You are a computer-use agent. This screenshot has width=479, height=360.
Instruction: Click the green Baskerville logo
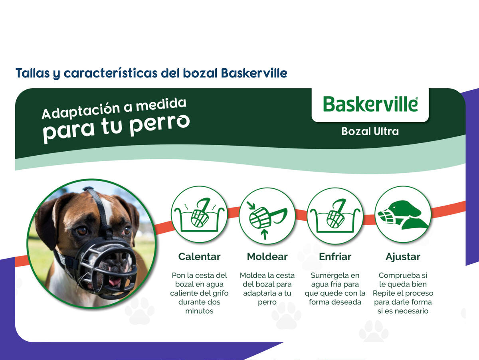coord(370,104)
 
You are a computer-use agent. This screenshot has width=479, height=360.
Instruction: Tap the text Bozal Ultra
coord(370,132)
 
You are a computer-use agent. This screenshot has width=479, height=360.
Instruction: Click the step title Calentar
coord(199,257)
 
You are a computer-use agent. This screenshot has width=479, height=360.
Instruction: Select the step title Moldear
coord(267,257)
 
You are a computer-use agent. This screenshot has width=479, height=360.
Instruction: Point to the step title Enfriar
coord(335,257)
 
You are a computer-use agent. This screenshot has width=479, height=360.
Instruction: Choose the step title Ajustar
coord(403,257)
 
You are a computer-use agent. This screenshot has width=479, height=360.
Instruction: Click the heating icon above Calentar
coord(199,214)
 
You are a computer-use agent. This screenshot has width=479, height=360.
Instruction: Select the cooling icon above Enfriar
coord(335,215)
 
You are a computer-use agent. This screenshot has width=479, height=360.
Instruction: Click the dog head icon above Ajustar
coord(403,214)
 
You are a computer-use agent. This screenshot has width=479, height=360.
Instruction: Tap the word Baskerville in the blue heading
coord(254,73)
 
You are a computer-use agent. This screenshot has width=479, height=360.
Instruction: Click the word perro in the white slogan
coord(159,125)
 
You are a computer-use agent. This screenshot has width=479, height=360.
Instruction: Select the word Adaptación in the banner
coord(81,111)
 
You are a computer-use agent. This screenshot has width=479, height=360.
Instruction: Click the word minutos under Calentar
coord(199,311)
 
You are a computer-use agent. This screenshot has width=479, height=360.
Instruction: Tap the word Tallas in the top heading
coord(32,73)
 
